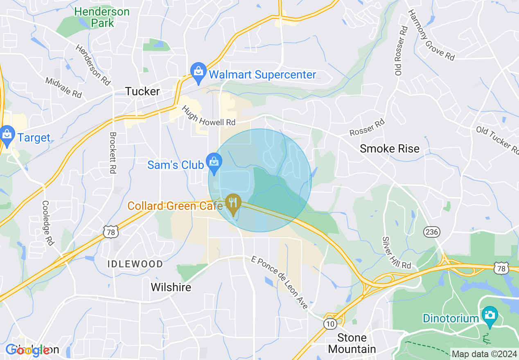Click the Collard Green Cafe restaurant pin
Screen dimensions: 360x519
point(233,203)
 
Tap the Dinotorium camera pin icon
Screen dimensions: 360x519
point(490,316)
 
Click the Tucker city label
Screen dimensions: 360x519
point(142,91)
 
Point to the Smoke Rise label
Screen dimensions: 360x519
point(389,148)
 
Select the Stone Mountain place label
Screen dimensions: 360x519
point(352,343)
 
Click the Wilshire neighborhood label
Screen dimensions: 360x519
point(171,287)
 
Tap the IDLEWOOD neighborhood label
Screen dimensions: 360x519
point(135,264)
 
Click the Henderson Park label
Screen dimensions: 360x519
point(102,17)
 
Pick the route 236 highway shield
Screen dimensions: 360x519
point(432,232)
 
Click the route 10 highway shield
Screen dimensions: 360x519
point(330,324)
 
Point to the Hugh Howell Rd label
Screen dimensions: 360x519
point(209,115)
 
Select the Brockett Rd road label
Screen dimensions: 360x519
point(113,153)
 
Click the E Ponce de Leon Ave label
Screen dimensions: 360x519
point(280,283)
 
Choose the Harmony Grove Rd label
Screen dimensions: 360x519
point(431,34)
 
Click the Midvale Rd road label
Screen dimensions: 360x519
point(64,88)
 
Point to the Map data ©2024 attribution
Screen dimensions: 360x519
point(484,354)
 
